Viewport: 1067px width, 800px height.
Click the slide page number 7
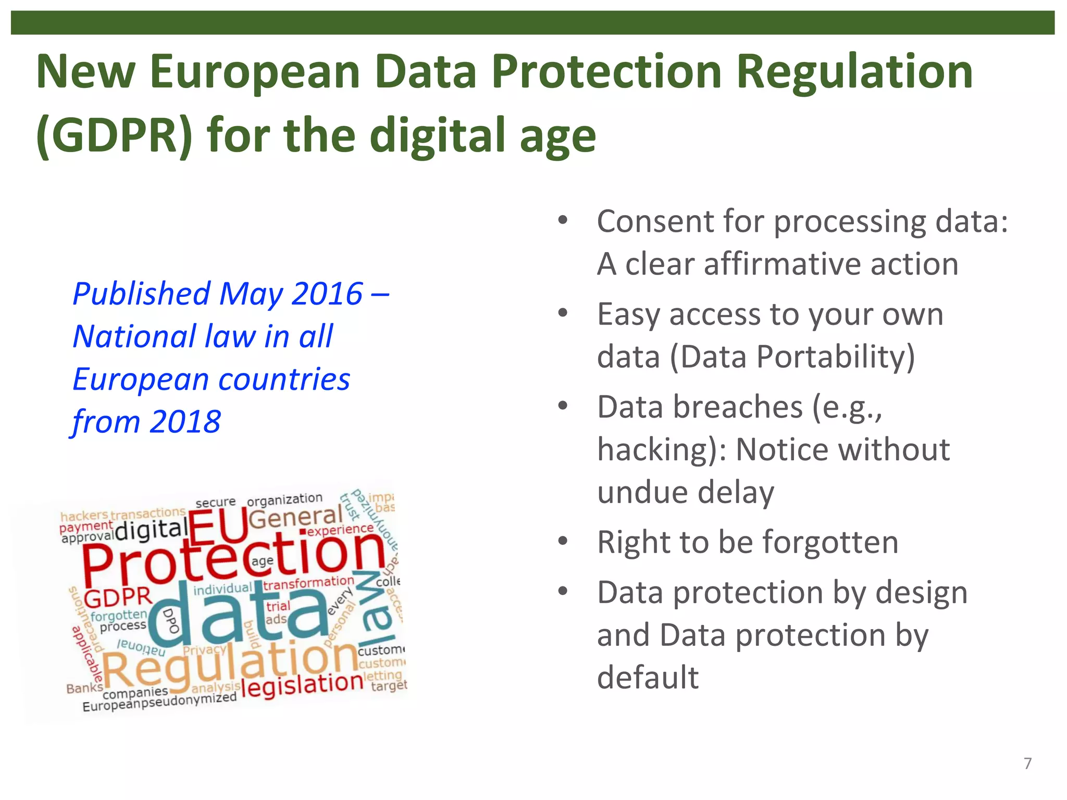coord(1027,764)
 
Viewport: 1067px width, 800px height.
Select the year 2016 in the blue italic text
coord(327,294)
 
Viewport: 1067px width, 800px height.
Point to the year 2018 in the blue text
coord(185,421)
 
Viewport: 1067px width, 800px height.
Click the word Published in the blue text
coord(141,295)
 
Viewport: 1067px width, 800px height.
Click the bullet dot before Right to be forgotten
coord(563,541)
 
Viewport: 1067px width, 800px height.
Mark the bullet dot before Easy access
coord(563,314)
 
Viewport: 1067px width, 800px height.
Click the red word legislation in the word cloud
coord(302,684)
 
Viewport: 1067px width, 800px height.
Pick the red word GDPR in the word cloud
coord(118,598)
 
